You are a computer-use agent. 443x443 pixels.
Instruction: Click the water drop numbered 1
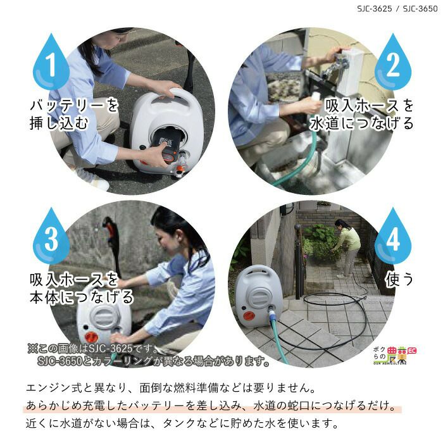(51, 63)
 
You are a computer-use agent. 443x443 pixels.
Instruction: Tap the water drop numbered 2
(393, 63)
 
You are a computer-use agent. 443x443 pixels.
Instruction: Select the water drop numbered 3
(51, 237)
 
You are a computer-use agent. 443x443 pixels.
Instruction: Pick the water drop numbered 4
(393, 237)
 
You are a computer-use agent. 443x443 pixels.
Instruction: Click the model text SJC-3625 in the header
(375, 8)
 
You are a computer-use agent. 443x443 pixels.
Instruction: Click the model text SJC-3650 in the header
(420, 8)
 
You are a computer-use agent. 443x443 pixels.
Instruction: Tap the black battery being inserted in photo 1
(167, 145)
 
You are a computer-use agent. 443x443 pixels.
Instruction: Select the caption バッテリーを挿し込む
(74, 114)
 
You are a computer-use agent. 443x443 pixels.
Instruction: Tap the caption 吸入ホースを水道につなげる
(361, 114)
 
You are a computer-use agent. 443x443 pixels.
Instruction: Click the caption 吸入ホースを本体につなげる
(81, 288)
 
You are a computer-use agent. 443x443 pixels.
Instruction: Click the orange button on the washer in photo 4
(249, 316)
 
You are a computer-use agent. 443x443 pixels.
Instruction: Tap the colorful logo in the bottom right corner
(395, 355)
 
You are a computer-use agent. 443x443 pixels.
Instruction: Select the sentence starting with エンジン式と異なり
(171, 387)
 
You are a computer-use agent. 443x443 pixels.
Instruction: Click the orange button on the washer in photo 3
(91, 337)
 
